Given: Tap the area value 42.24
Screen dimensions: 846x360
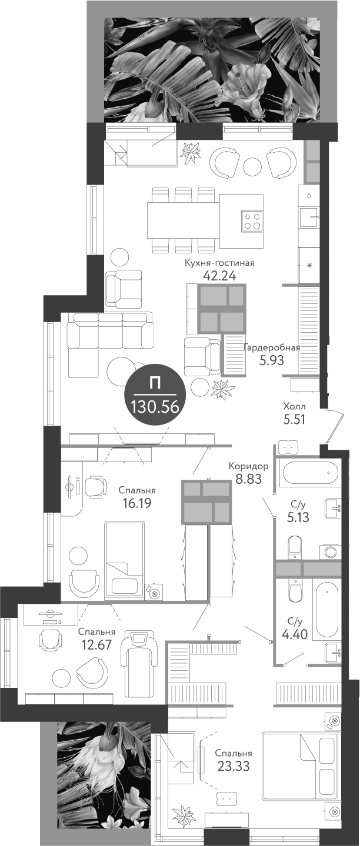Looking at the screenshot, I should pos(219,276).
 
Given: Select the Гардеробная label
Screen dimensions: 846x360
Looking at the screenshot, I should pos(272,347).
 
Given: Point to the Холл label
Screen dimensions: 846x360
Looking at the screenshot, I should pos(294,406).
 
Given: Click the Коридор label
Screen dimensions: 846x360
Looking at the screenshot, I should pos(248,466).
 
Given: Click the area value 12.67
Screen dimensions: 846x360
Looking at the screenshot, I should pos(96,645).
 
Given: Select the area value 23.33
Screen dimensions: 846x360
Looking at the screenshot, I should pos(233,766).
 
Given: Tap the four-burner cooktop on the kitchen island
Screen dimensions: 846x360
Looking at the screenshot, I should pos(252,220).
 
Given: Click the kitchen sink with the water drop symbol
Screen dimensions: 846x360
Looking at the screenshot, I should pos(309,216).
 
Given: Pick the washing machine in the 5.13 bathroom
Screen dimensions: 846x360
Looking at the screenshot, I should pos(329,551).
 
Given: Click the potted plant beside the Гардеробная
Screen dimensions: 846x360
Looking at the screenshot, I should pos(222,388).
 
